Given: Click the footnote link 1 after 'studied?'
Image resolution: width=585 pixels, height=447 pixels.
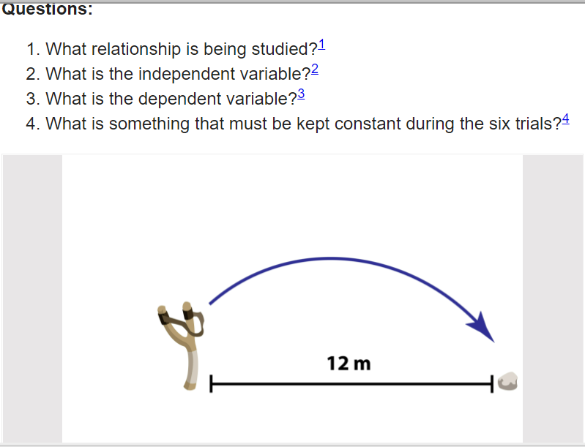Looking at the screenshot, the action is click(321, 45).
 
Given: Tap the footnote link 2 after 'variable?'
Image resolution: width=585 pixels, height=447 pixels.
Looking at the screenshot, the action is click(315, 70).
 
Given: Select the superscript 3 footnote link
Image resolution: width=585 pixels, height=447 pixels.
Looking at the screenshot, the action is click(301, 94).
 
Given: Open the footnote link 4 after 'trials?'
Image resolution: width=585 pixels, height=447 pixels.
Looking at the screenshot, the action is click(566, 119).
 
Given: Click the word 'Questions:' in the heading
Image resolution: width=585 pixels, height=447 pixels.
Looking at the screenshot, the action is click(48, 9).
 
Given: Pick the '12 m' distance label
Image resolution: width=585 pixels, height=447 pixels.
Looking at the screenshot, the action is click(349, 364).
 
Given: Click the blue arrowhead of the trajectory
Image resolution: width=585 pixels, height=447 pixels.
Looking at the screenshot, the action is click(482, 327).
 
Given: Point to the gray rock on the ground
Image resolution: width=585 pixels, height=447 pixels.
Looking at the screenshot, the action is click(508, 381).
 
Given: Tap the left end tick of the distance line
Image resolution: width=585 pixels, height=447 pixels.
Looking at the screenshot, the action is click(211, 383).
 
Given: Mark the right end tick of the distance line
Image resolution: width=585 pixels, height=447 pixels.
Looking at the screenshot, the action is click(492, 383).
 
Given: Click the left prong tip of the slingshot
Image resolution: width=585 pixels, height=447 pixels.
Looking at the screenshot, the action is click(162, 309).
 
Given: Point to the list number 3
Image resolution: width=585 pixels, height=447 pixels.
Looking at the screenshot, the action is click(31, 99).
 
